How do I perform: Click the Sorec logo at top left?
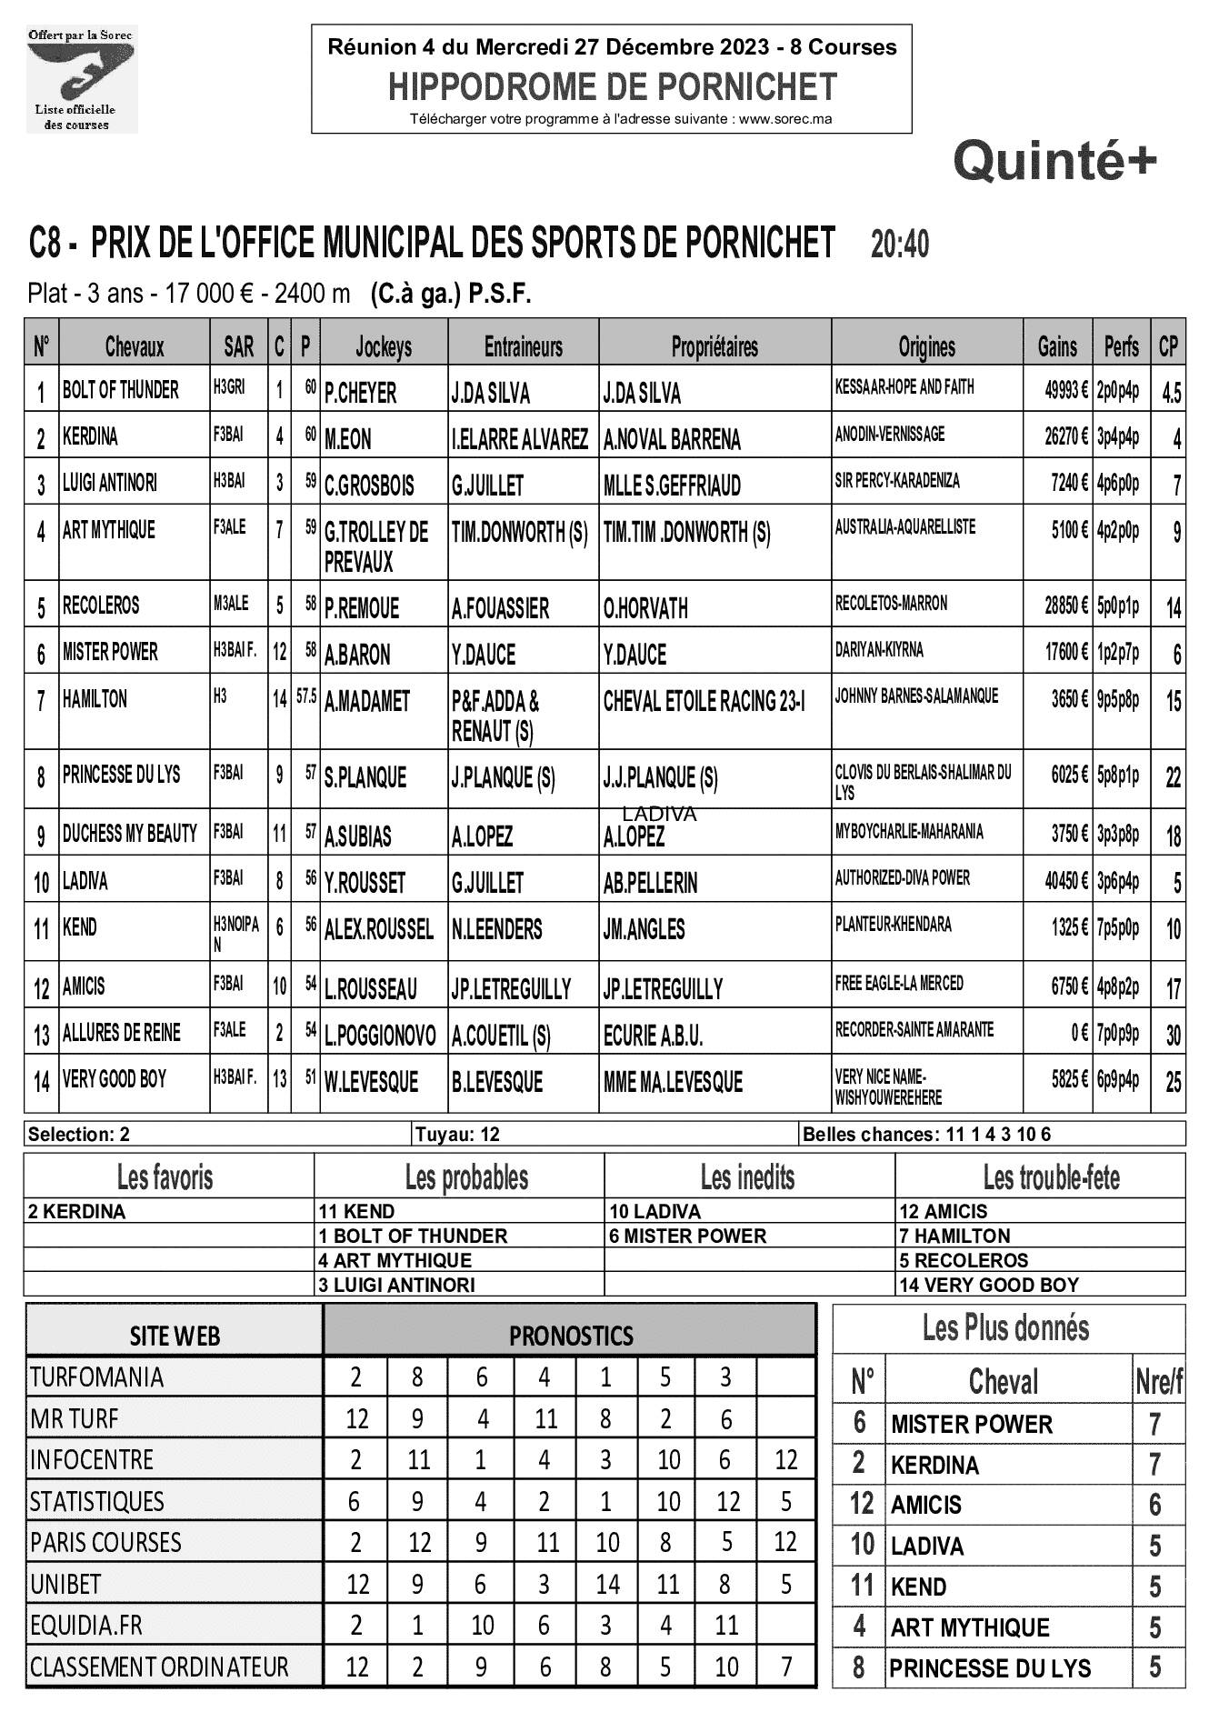(x=81, y=79)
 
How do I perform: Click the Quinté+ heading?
(x=1054, y=162)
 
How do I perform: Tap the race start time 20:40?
(x=899, y=244)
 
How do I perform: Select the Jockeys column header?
(x=383, y=346)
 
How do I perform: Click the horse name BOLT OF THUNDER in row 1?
(x=120, y=390)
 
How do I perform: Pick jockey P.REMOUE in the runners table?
(x=361, y=607)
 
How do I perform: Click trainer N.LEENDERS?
(x=496, y=929)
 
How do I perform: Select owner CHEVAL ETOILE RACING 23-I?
(x=704, y=701)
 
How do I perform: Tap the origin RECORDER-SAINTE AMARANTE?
(x=914, y=1030)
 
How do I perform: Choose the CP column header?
(x=1168, y=346)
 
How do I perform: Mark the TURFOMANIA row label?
(x=96, y=1377)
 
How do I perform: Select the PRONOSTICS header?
(x=570, y=1335)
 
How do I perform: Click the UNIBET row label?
(x=65, y=1584)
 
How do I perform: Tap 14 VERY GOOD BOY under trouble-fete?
(x=988, y=1285)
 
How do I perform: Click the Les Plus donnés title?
(x=1004, y=1328)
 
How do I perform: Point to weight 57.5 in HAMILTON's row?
(x=305, y=698)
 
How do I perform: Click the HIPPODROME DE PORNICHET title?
(x=612, y=86)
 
